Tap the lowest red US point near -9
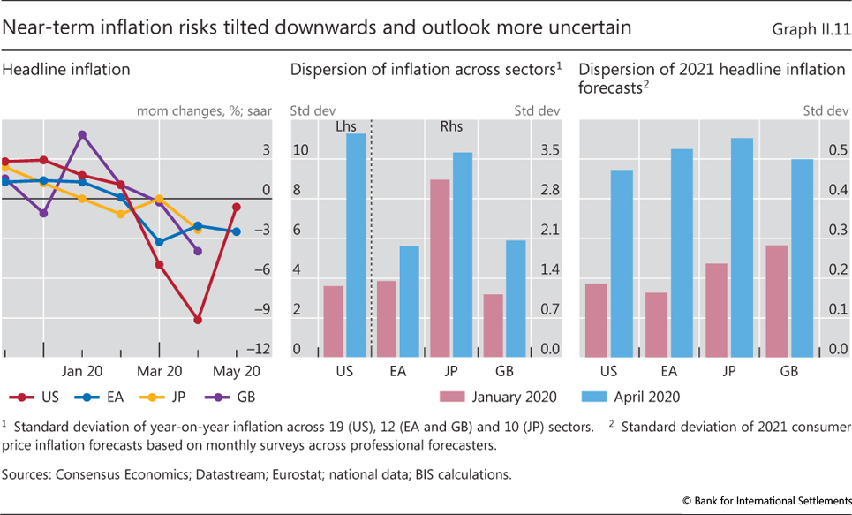198,320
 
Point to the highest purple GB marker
82,135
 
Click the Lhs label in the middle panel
346,127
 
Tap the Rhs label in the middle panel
451,127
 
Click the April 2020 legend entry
630,397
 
